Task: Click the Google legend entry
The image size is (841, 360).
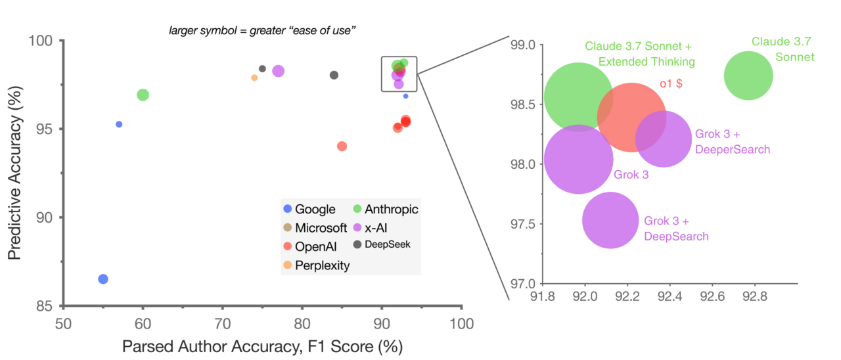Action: [x=309, y=210]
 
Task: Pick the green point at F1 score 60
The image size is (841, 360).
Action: [x=143, y=95]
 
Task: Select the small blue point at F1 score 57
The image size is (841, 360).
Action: [x=119, y=124]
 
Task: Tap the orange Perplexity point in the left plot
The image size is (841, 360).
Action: [x=254, y=78]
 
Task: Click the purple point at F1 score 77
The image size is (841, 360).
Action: [x=278, y=71]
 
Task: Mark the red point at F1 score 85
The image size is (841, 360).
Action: [x=342, y=146]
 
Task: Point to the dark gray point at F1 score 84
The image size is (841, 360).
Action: [x=334, y=75]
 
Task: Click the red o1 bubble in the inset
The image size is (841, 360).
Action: [x=631, y=118]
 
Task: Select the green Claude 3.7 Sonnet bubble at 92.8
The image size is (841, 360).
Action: [x=748, y=76]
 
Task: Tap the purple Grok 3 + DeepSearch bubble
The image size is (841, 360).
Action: [x=610, y=221]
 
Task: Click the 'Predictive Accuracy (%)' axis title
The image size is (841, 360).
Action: [x=15, y=174]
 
